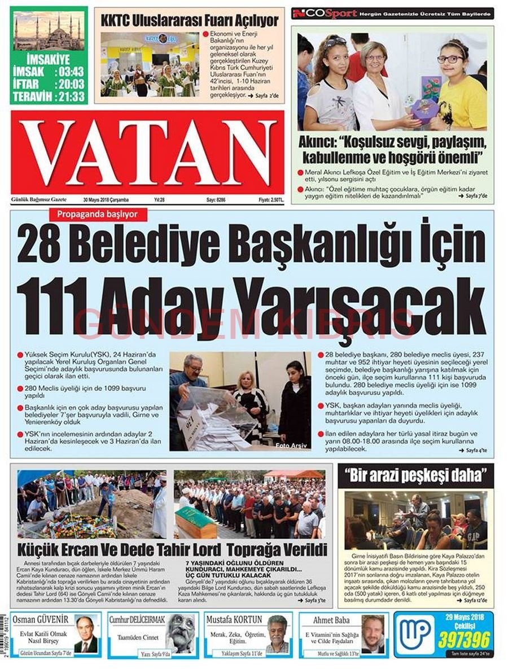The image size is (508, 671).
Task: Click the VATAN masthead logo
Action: coord(147,152)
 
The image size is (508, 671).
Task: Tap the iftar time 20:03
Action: coord(69,84)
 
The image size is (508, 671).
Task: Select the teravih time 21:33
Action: coord(69,97)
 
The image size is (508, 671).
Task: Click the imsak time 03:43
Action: coord(69,72)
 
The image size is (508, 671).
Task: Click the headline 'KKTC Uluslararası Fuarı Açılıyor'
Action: coord(190,21)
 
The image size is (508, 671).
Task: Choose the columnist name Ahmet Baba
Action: coord(332,620)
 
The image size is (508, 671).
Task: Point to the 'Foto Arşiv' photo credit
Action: coord(291,446)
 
